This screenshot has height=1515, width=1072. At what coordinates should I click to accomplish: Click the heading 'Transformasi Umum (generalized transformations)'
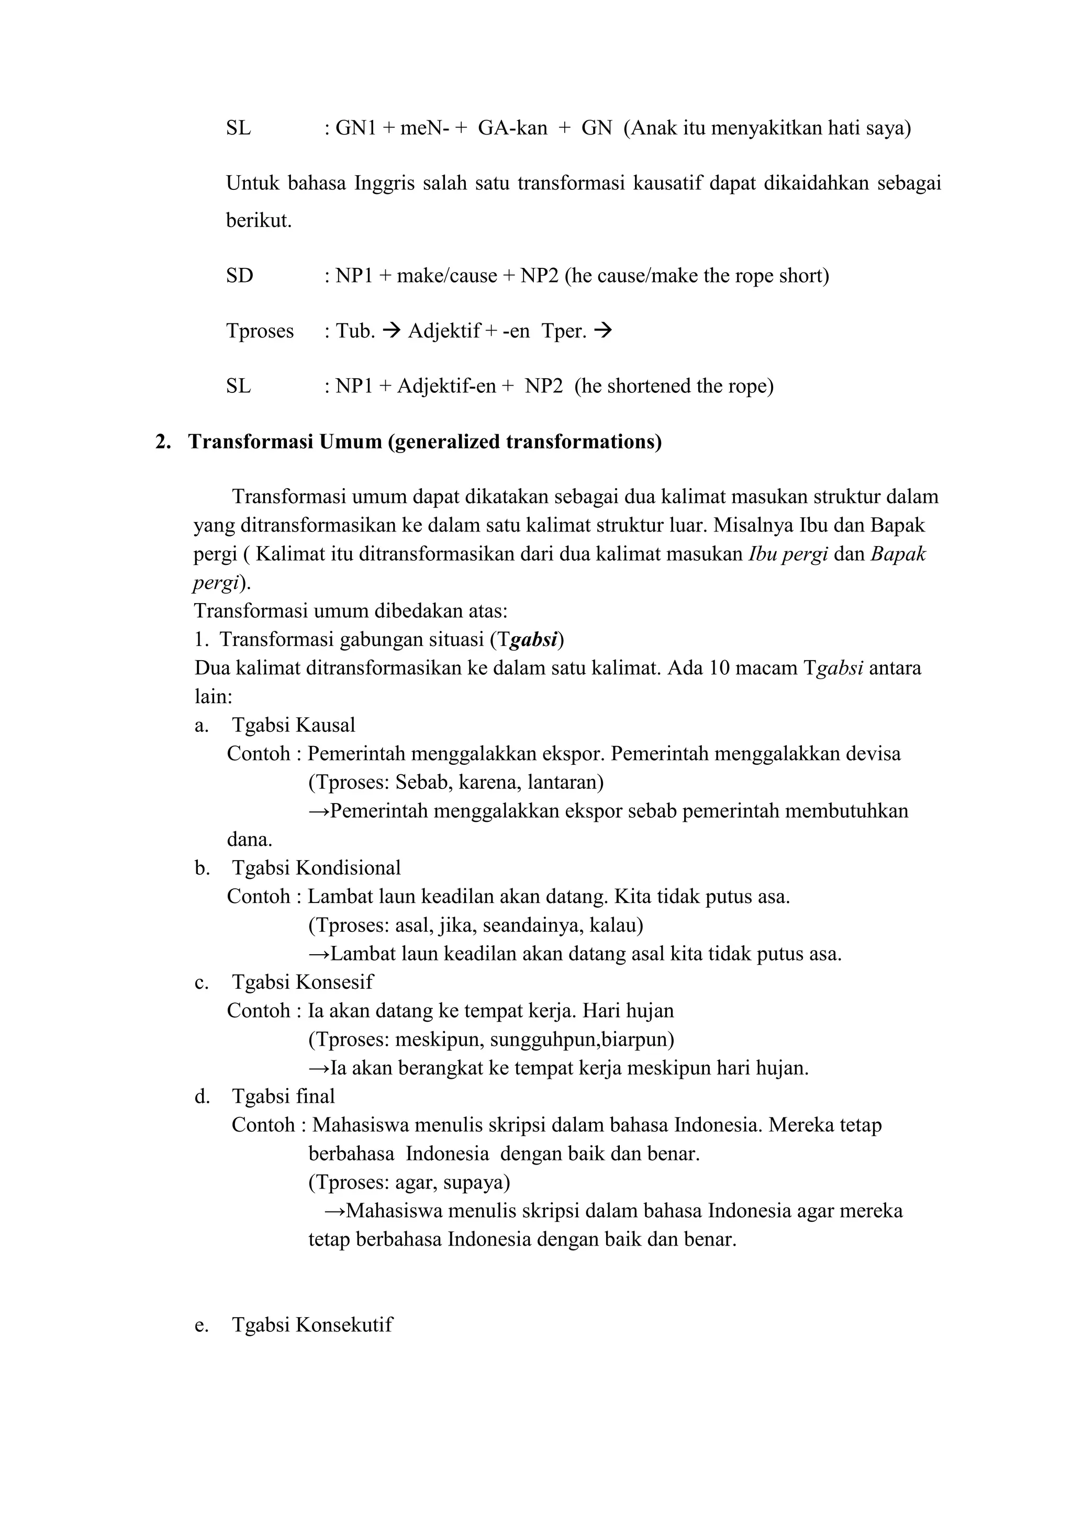(x=425, y=442)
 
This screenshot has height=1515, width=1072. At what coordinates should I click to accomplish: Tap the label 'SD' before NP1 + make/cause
(x=240, y=275)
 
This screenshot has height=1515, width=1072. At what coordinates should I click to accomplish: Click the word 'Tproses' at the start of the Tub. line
(x=260, y=331)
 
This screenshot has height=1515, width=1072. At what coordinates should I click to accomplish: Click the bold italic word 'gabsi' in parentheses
(x=534, y=639)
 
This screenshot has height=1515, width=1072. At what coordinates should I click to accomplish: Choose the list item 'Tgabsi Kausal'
(x=293, y=725)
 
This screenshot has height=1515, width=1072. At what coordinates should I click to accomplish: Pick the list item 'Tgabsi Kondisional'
(x=316, y=868)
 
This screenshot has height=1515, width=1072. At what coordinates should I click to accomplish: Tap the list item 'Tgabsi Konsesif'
(x=303, y=982)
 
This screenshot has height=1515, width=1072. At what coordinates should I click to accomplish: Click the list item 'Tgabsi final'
(x=283, y=1096)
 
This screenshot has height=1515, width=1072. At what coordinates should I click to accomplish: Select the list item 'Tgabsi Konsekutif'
(x=312, y=1324)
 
